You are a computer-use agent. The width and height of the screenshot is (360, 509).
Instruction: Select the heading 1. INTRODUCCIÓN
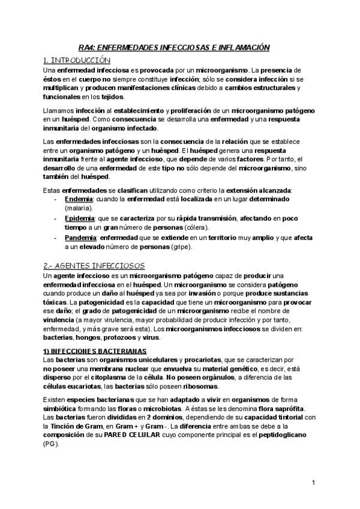(x=77, y=60)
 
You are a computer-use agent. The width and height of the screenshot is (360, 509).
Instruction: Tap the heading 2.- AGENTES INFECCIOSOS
(x=95, y=265)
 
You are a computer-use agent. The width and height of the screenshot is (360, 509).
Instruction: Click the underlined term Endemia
(x=78, y=199)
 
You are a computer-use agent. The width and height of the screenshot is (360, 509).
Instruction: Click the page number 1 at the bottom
(x=314, y=483)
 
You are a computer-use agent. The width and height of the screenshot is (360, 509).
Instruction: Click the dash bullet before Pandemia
(x=56, y=238)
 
